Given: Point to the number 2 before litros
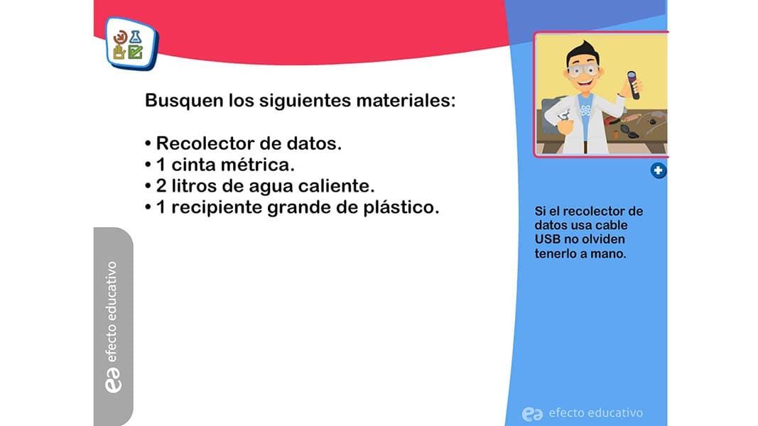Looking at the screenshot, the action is (161, 186).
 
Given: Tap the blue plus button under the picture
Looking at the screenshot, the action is (658, 170).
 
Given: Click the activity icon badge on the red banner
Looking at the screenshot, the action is (131, 43).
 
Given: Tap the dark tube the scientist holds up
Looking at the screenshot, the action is (633, 85).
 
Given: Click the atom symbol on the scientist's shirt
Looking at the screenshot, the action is (585, 111).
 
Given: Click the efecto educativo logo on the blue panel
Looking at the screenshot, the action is (583, 413).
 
